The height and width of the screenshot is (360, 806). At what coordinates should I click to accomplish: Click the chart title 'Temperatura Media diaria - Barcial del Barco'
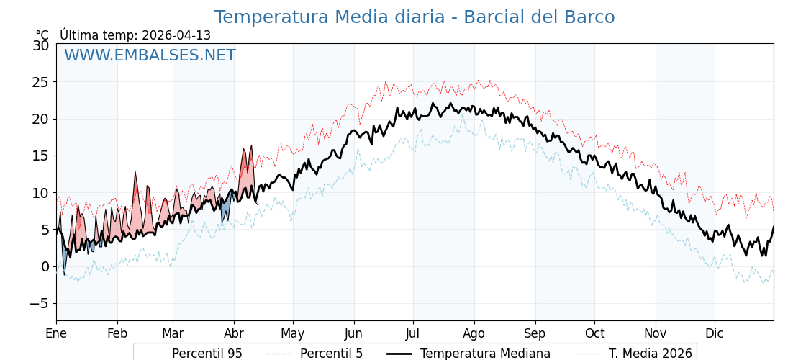pyautogui.click(x=414, y=17)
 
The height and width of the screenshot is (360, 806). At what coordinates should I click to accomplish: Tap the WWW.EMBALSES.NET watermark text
pyautogui.click(x=150, y=55)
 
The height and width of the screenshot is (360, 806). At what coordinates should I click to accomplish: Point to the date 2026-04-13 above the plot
pyautogui.click(x=176, y=35)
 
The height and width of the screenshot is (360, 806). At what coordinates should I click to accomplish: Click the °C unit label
pyautogui.click(x=42, y=35)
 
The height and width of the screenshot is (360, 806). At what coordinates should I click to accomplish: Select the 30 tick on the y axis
pyautogui.click(x=41, y=45)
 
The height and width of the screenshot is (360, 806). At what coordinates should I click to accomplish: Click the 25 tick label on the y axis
pyautogui.click(x=41, y=82)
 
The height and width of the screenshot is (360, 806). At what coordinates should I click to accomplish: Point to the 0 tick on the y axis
pyautogui.click(x=45, y=266)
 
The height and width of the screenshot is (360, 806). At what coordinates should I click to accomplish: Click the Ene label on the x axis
pyautogui.click(x=56, y=333)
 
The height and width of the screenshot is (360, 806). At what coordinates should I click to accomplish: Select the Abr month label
pyautogui.click(x=234, y=333)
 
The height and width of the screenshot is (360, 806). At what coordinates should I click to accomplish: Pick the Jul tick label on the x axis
pyautogui.click(x=413, y=333)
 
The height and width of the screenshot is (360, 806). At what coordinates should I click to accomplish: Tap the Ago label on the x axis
pyautogui.click(x=474, y=333)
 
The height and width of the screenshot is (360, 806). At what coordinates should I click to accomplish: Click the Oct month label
pyautogui.click(x=594, y=333)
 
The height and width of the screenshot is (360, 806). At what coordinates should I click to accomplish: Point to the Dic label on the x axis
pyautogui.click(x=715, y=333)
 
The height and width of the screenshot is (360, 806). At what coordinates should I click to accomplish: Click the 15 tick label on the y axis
pyautogui.click(x=41, y=156)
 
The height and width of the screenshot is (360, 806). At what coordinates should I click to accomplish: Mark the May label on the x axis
pyautogui.click(x=293, y=333)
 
